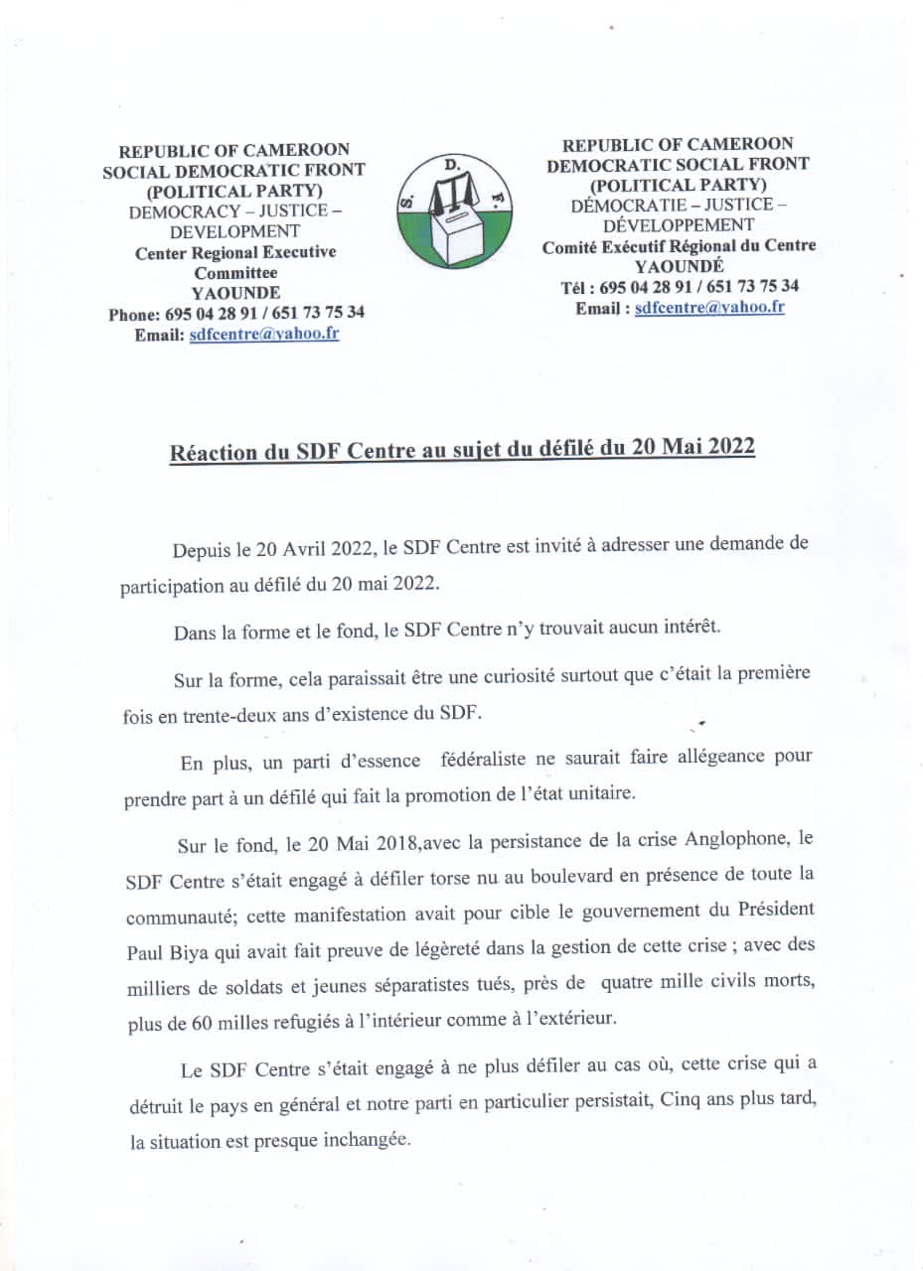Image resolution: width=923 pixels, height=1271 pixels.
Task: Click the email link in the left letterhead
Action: tap(264, 335)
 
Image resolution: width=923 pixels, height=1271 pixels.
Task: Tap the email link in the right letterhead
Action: tap(709, 308)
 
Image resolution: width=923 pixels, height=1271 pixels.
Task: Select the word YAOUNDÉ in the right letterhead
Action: tap(680, 266)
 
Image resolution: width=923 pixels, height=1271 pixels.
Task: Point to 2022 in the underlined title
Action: tap(730, 447)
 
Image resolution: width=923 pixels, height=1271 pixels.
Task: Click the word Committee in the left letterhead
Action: tap(235, 272)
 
